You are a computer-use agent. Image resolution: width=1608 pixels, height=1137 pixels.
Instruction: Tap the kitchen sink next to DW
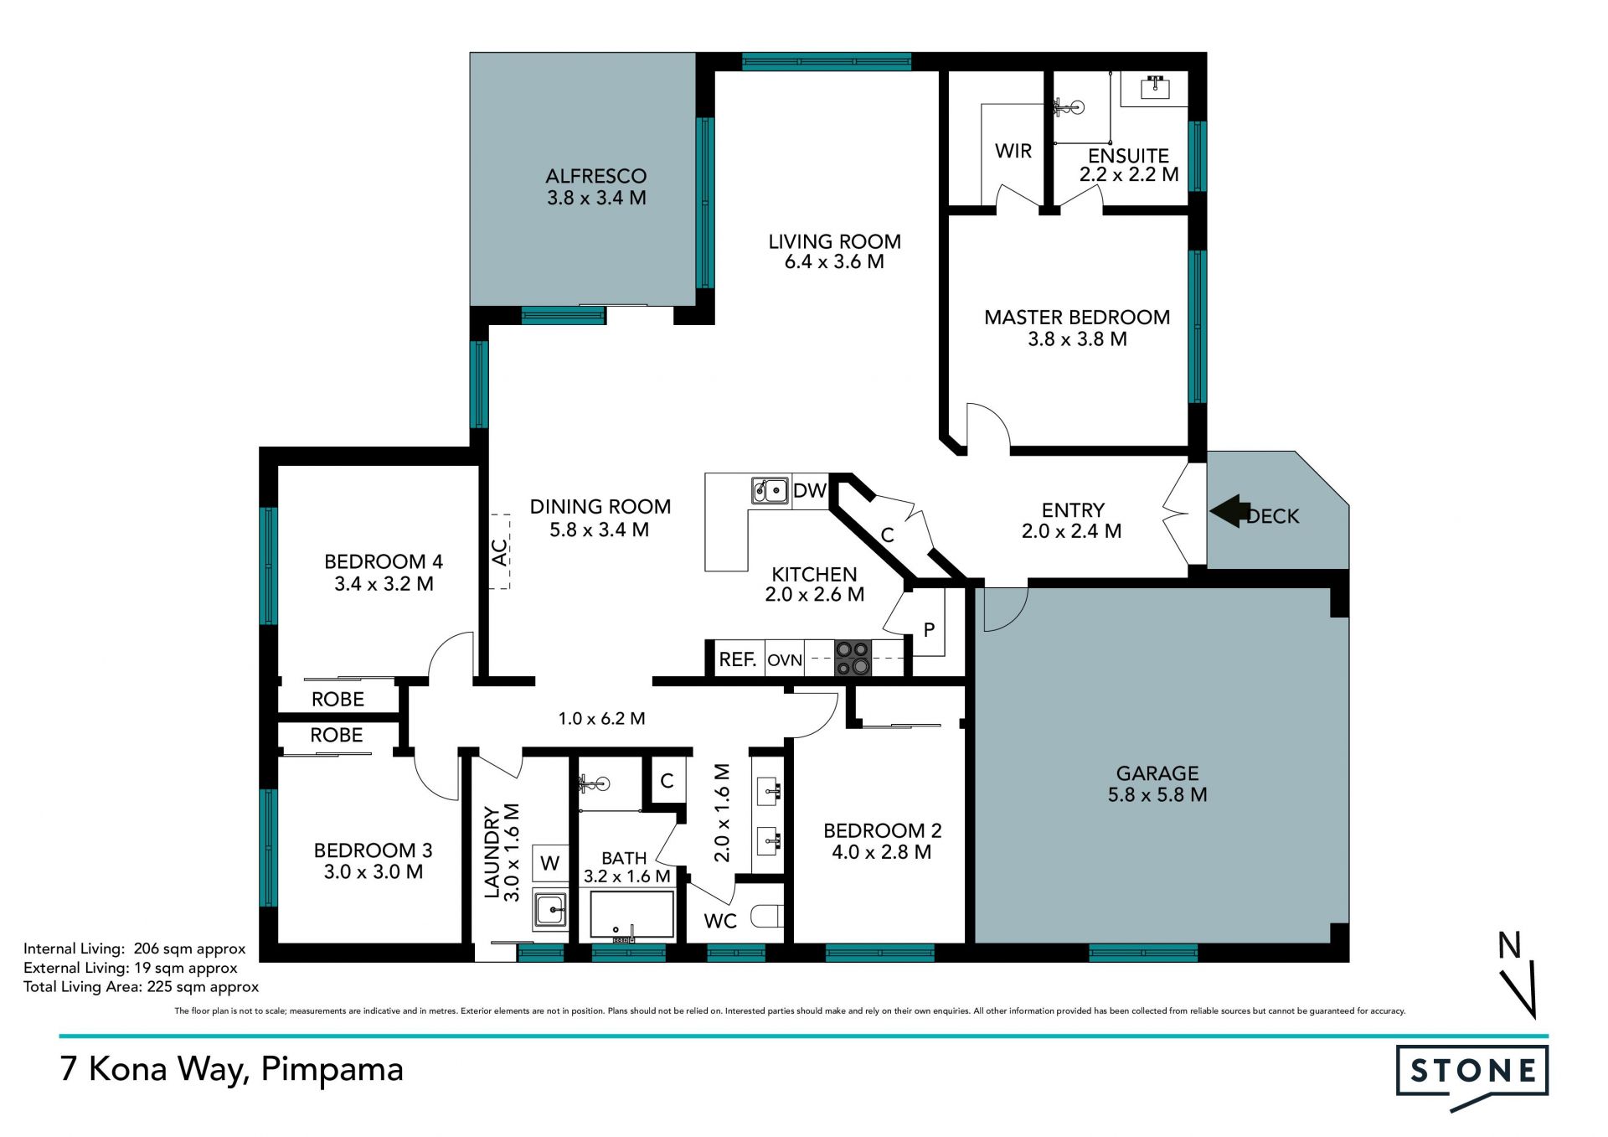[770, 489]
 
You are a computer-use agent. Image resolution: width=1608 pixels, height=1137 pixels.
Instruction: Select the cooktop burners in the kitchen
[853, 659]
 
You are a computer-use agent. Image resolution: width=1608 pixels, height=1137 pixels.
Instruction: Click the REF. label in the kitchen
[738, 659]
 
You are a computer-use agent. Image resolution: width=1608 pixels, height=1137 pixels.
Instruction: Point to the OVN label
[785, 660]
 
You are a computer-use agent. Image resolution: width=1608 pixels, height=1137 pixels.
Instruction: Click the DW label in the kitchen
[810, 490]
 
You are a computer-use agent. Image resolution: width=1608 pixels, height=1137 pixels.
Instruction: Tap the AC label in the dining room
[499, 552]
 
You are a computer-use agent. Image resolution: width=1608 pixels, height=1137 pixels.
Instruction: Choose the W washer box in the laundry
[550, 864]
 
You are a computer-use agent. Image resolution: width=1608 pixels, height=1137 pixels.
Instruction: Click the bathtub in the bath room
[632, 915]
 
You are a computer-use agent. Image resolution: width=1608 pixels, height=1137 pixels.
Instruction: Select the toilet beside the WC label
[767, 916]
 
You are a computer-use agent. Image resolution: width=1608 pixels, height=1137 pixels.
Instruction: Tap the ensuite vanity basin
[1156, 86]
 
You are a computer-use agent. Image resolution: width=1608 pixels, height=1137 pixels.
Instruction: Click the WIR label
[1013, 151]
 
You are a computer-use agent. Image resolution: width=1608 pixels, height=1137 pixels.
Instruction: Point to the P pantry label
[929, 630]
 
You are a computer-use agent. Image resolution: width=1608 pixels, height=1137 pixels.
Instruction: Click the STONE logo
[1472, 1077]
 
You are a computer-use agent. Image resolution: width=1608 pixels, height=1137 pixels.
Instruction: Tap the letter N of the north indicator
[1509, 945]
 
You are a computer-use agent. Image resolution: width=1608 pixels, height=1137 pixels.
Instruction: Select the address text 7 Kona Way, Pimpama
[232, 1070]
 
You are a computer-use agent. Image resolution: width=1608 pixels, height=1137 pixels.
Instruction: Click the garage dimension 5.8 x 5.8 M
[1157, 795]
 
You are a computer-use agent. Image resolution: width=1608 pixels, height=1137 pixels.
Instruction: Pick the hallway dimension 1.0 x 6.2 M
[601, 719]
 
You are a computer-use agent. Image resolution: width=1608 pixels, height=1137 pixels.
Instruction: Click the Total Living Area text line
[141, 987]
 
